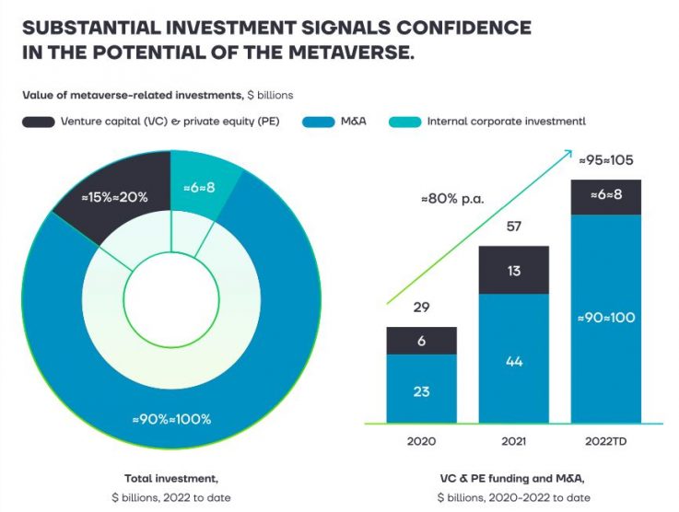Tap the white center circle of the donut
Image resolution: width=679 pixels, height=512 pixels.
pos(170,304)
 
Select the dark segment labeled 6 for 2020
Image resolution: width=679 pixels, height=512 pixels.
pos(421,341)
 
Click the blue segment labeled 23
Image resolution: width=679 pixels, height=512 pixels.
pos(421,390)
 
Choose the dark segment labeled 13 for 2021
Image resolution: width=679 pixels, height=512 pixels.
pos(513,270)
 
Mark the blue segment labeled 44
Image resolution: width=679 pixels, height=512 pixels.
pos(513,361)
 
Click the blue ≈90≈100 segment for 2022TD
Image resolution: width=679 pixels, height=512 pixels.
pos(605,318)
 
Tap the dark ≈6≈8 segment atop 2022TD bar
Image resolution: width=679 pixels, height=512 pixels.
pos(605,196)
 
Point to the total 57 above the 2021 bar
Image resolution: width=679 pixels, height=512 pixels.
pos(513,227)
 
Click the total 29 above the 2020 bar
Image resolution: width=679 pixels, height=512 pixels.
pos(421,308)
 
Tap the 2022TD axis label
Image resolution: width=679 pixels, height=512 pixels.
pos(605,441)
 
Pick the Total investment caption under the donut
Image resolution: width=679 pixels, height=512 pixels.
pos(170,478)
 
